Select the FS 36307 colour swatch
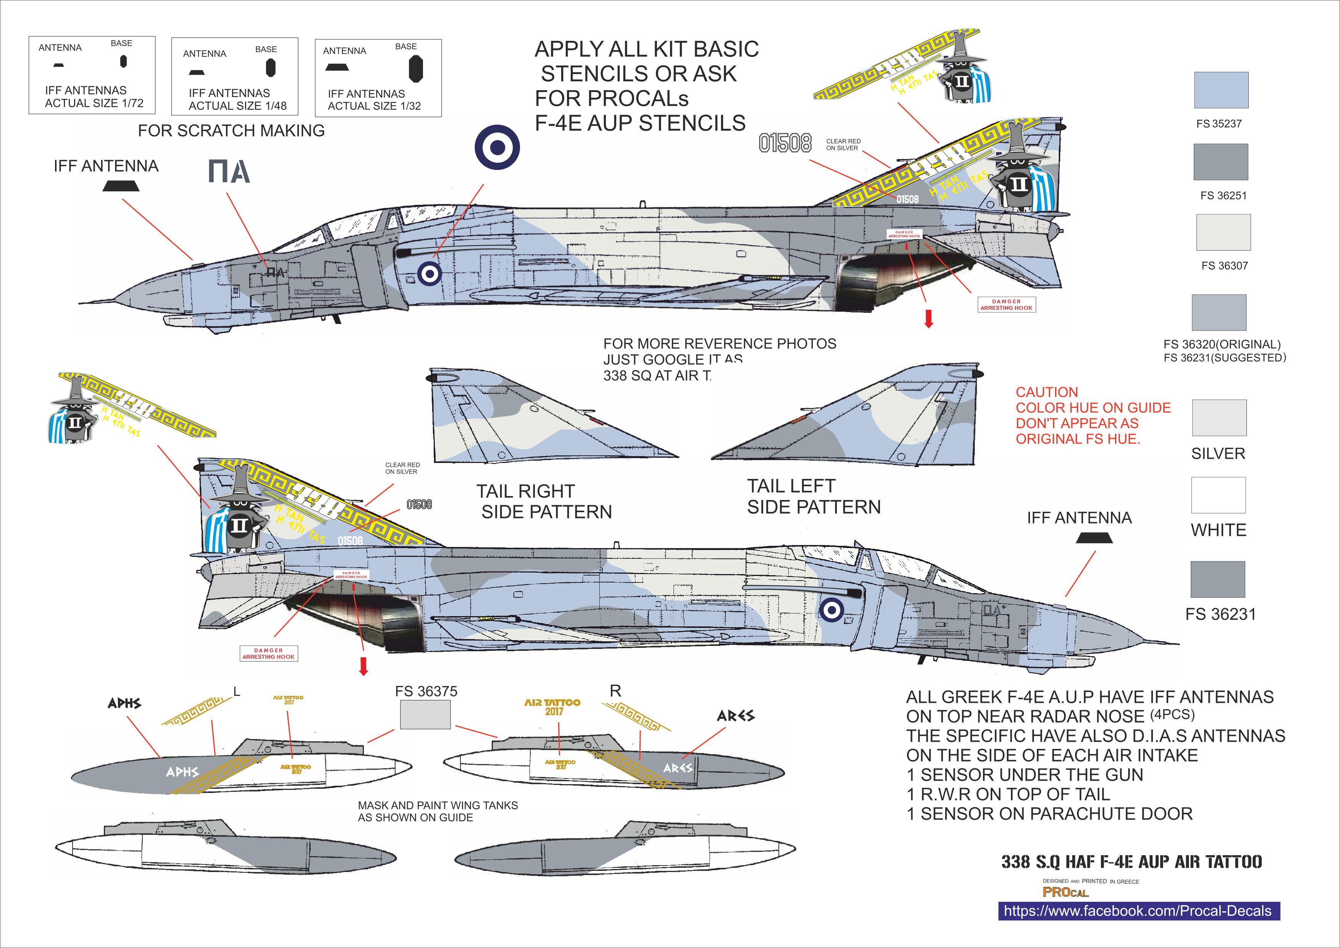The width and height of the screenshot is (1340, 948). [1223, 232]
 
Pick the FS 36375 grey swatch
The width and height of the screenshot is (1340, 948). [425, 715]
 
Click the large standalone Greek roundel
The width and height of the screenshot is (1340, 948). [497, 148]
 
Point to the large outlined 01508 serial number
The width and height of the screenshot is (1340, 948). [785, 143]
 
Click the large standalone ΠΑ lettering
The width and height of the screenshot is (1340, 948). [229, 171]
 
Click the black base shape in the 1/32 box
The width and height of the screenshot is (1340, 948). [415, 68]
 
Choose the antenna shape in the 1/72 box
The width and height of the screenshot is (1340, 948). [58, 65]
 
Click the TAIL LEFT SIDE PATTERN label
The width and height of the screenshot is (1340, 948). [814, 497]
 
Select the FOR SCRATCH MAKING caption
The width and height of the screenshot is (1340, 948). [231, 131]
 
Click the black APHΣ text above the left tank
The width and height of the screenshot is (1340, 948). [124, 704]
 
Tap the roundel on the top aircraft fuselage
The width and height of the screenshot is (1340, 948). [429, 273]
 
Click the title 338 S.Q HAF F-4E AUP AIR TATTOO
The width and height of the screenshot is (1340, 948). [1131, 862]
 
